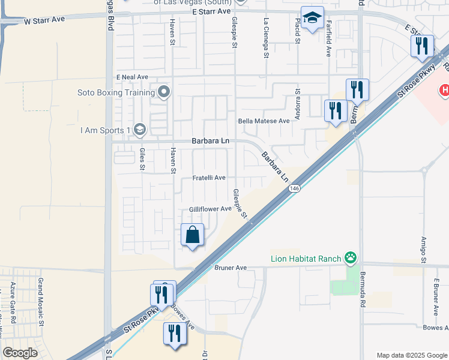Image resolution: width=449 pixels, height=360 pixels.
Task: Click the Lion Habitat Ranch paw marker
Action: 351,259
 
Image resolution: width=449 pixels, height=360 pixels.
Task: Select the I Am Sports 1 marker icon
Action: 139,130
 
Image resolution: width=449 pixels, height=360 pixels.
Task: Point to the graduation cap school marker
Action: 312,19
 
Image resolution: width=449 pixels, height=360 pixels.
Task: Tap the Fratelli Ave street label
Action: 209,178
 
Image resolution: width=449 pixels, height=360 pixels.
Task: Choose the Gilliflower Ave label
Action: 210,209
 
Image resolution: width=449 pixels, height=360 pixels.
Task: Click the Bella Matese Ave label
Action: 264,121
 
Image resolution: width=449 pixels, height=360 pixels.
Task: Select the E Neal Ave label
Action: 132,77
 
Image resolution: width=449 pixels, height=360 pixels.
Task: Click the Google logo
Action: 20,353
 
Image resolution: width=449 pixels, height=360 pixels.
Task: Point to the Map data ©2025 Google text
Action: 412,355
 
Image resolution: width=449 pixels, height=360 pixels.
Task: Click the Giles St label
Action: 142,159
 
